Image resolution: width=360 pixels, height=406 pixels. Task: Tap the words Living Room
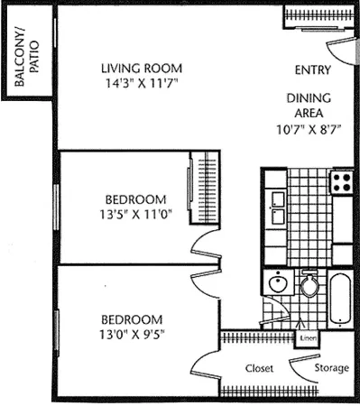pos(142,69)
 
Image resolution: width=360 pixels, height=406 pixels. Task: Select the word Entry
pos(313,70)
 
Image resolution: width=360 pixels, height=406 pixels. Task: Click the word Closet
pos(260,368)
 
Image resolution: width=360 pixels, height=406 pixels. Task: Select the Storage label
pos(330,368)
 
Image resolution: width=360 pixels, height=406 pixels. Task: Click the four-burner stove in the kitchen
pos(341,183)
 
